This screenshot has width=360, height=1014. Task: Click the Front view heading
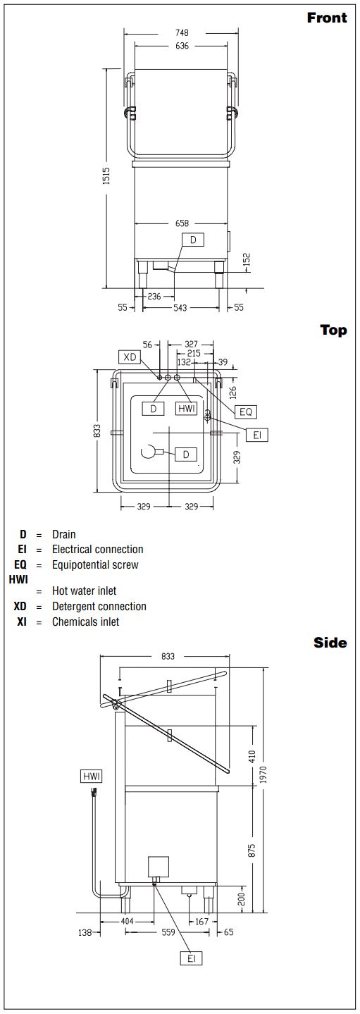pyautogui.click(x=326, y=18)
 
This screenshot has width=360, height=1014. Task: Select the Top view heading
pyautogui.click(x=334, y=330)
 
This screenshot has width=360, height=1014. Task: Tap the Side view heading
pyautogui.click(x=330, y=643)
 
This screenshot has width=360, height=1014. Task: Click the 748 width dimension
pyautogui.click(x=181, y=32)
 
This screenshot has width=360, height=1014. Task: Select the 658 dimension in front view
pyautogui.click(x=182, y=223)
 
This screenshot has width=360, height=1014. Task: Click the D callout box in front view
pyautogui.click(x=193, y=240)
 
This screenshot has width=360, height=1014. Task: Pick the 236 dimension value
pyautogui.click(x=154, y=297)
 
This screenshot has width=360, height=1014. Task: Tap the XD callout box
pyautogui.click(x=130, y=357)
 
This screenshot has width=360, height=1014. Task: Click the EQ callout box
pyautogui.click(x=246, y=412)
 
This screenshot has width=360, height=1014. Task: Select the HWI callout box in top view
pyautogui.click(x=187, y=408)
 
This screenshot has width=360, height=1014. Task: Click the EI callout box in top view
pyautogui.click(x=257, y=435)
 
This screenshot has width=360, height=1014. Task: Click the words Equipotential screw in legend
pyautogui.click(x=95, y=564)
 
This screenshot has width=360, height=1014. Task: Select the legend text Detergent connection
pyautogui.click(x=99, y=606)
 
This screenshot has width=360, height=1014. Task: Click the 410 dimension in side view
pyautogui.click(x=252, y=756)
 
